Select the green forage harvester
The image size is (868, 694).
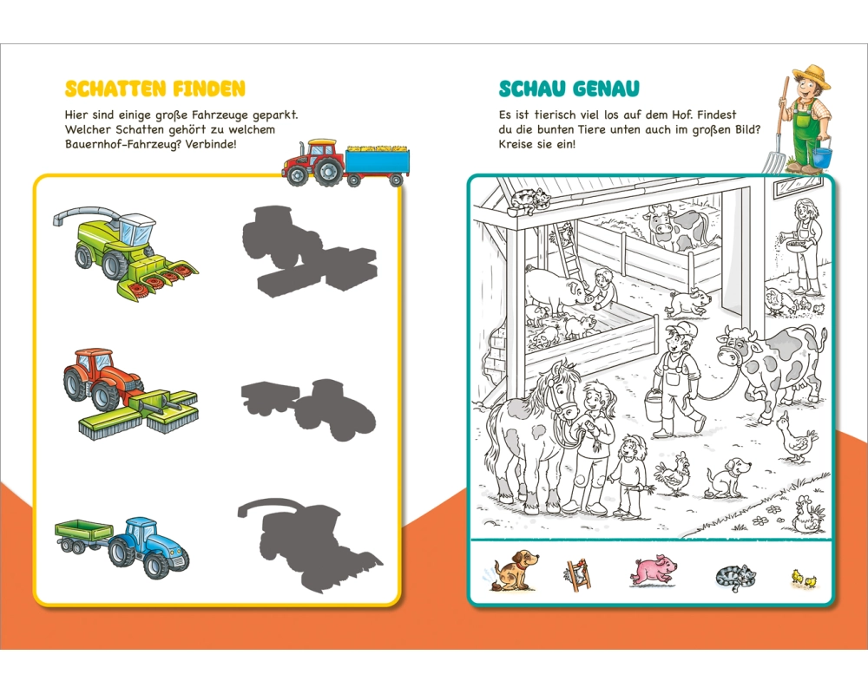point(126,253)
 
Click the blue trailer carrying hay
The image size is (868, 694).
point(378,163)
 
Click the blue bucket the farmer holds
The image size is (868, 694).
point(822,157)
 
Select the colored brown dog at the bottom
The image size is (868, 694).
point(513,570)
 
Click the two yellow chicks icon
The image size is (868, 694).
point(803,579)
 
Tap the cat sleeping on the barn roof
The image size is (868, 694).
point(529,200)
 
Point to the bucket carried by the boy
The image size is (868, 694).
point(654,406)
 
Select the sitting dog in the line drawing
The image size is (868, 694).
point(727,476)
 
